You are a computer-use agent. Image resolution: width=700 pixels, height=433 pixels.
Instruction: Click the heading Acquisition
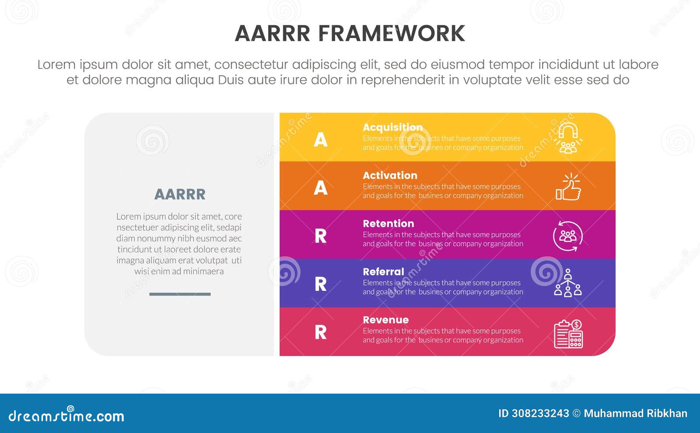pyautogui.click(x=392, y=127)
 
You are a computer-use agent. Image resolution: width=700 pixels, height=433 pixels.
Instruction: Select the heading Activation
pyautogui.click(x=390, y=175)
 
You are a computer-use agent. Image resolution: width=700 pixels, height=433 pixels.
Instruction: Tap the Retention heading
pyautogui.click(x=388, y=223)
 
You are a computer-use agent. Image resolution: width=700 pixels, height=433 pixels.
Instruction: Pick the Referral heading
pyautogui.click(x=383, y=272)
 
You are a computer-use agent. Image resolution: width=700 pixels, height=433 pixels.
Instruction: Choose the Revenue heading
pyautogui.click(x=385, y=320)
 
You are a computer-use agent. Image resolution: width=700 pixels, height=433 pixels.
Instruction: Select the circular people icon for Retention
pyautogui.click(x=568, y=236)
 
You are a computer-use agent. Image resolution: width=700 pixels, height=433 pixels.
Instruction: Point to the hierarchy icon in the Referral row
pyautogui.click(x=568, y=283)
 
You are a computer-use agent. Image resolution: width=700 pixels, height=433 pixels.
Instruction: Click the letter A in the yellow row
pyautogui.click(x=321, y=140)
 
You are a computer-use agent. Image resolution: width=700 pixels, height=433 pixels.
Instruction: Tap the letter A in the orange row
pyautogui.click(x=321, y=188)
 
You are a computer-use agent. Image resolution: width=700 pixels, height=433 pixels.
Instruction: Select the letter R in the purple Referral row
pyautogui.click(x=321, y=284)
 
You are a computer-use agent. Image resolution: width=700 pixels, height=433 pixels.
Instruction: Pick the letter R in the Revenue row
pyautogui.click(x=321, y=332)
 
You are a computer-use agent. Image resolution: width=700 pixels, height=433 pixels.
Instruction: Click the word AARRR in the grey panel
pyautogui.click(x=180, y=194)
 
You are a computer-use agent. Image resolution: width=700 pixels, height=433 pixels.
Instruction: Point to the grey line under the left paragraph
pyautogui.click(x=180, y=294)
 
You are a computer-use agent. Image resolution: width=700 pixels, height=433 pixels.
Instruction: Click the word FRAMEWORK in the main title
pyautogui.click(x=391, y=34)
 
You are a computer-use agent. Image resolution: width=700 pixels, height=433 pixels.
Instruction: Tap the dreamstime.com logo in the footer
pyautogui.click(x=66, y=415)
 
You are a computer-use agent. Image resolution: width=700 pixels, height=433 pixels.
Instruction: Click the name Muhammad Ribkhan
pyautogui.click(x=635, y=413)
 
